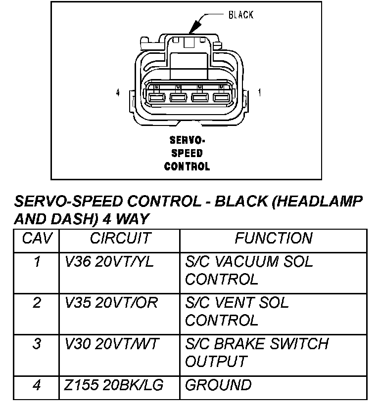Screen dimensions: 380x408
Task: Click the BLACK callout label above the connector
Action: tap(240, 15)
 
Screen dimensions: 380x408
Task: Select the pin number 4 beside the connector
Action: tap(117, 92)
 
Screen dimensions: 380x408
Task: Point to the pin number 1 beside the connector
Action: tap(260, 92)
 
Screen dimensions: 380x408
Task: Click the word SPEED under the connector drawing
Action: tap(187, 153)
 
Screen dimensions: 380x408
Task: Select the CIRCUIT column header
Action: tap(120, 238)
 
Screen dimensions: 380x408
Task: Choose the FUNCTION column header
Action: tap(274, 238)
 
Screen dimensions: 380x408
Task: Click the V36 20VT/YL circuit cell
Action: tap(109, 261)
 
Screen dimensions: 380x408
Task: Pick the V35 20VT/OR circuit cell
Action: tap(111, 302)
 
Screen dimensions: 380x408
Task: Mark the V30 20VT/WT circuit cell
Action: tap(110, 343)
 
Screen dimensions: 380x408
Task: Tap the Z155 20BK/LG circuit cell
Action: tap(113, 385)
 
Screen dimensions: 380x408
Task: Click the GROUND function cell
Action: tap(218, 385)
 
